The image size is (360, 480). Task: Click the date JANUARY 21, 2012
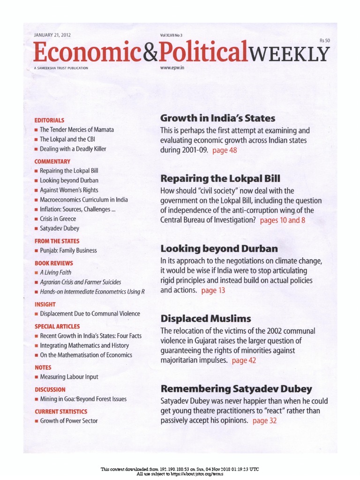(52, 35)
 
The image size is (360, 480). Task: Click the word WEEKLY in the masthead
(289, 54)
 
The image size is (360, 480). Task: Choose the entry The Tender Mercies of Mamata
(76, 129)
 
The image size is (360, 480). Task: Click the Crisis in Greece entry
(58, 219)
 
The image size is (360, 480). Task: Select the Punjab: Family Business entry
(68, 250)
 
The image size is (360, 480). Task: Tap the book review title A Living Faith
(55, 272)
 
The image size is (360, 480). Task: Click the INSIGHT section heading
(45, 304)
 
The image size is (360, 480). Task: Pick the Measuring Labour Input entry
(69, 377)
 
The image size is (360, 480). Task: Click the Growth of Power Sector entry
(68, 421)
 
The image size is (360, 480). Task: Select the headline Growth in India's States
(217, 118)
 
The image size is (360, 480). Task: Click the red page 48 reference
(225, 150)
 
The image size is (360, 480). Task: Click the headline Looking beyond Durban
(219, 248)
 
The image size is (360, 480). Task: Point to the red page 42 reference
(244, 360)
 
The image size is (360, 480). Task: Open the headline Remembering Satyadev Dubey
(236, 389)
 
